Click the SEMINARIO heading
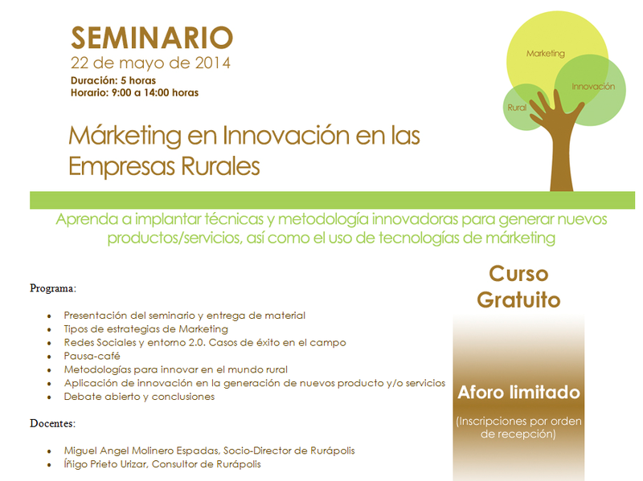pyautogui.click(x=152, y=38)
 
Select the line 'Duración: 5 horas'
pyautogui.click(x=113, y=80)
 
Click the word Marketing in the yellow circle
pyautogui.click(x=546, y=53)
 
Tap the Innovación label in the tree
pyautogui.click(x=593, y=87)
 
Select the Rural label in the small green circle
pyautogui.click(x=517, y=108)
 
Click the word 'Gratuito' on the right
pyautogui.click(x=518, y=300)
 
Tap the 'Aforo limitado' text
pyautogui.click(x=518, y=393)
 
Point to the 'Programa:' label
pyautogui.click(x=53, y=288)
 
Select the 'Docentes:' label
pyautogui.click(x=52, y=423)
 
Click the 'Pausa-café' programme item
pyautogui.click(x=92, y=356)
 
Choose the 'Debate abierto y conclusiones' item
pyautogui.click(x=139, y=397)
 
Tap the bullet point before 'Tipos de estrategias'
pyautogui.click(x=49, y=329)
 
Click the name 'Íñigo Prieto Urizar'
pyautogui.click(x=106, y=464)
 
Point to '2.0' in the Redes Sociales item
pyautogui.click(x=196, y=343)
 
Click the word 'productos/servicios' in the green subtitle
pyautogui.click(x=174, y=238)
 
